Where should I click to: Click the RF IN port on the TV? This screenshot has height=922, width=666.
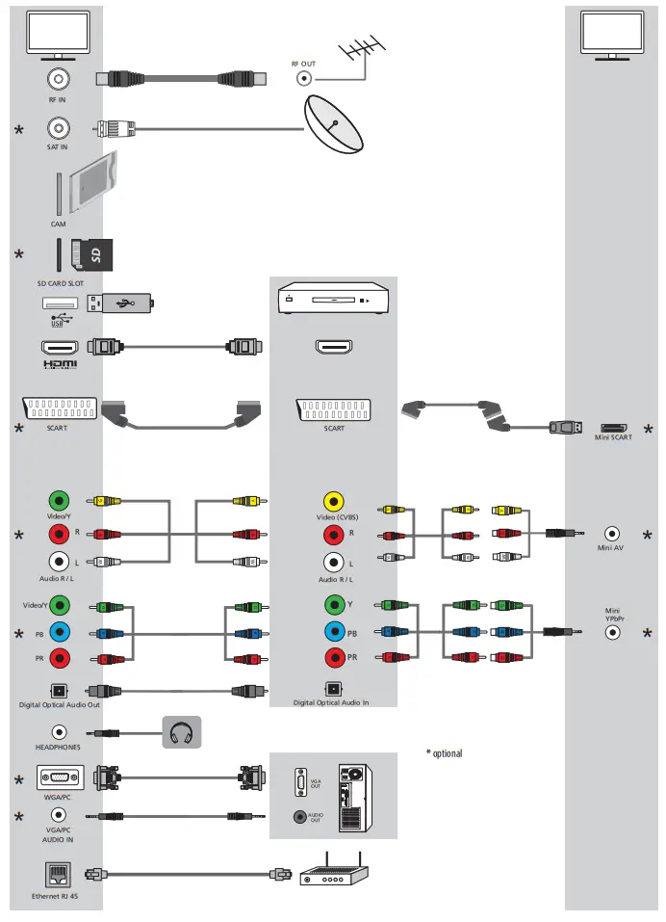pyautogui.click(x=59, y=79)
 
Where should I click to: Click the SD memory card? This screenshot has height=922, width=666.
pyautogui.click(x=92, y=255)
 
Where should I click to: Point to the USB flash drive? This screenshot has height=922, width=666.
pyautogui.click(x=120, y=303)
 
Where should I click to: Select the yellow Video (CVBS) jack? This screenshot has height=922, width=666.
pyautogui.click(x=333, y=501)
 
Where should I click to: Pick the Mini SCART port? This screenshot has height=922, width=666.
pyautogui.click(x=614, y=427)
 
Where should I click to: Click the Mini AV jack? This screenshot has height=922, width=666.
pyautogui.click(x=612, y=533)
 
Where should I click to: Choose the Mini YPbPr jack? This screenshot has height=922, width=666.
pyautogui.click(x=612, y=633)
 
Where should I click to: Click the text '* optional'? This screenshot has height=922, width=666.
pyautogui.click(x=444, y=752)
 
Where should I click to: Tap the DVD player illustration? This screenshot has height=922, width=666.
pyautogui.click(x=332, y=299)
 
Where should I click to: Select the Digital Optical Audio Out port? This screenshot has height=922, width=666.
pyautogui.click(x=59, y=691)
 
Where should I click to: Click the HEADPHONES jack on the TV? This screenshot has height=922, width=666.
pyautogui.click(x=59, y=732)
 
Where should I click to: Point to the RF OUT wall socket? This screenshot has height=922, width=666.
pyautogui.click(x=304, y=80)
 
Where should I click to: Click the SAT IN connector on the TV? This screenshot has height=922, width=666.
pyautogui.click(x=59, y=127)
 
